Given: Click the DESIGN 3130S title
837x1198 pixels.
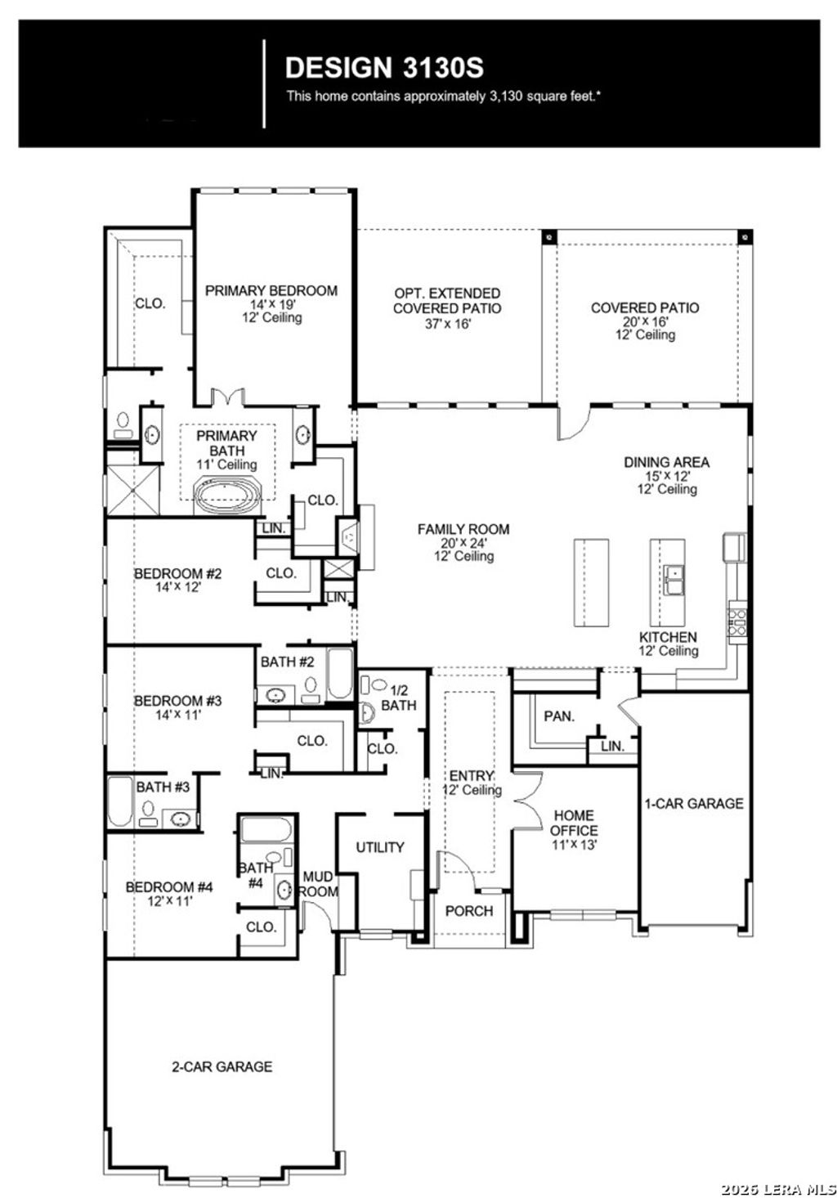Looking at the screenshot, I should tap(383, 66).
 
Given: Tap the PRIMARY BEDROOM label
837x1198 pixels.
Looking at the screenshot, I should tap(271, 290).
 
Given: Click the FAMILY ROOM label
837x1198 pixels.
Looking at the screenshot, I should tap(463, 529).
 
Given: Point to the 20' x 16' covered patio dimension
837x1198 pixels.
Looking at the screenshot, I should tap(644, 321).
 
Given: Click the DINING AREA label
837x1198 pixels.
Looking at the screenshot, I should tap(666, 462).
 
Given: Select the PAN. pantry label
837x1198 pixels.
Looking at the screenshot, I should tap(558, 716).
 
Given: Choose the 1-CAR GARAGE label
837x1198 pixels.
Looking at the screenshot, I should tap(694, 803).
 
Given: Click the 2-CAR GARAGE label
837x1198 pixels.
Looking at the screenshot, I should tap(222, 1066).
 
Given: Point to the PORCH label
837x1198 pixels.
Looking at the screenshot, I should tap(469, 911).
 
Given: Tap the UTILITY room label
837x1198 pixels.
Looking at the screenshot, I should tap(379, 847).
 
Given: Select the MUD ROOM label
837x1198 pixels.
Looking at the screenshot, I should tap(318, 884).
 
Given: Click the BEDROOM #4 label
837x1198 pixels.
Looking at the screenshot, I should tap(169, 886).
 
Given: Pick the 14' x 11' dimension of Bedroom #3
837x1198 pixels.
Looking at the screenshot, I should tap(178, 714).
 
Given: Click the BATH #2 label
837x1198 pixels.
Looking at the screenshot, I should tap(288, 662).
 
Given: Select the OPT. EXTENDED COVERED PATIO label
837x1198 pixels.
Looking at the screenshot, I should tap(447, 300).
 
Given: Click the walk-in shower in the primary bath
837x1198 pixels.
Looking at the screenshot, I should tap(131, 489).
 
